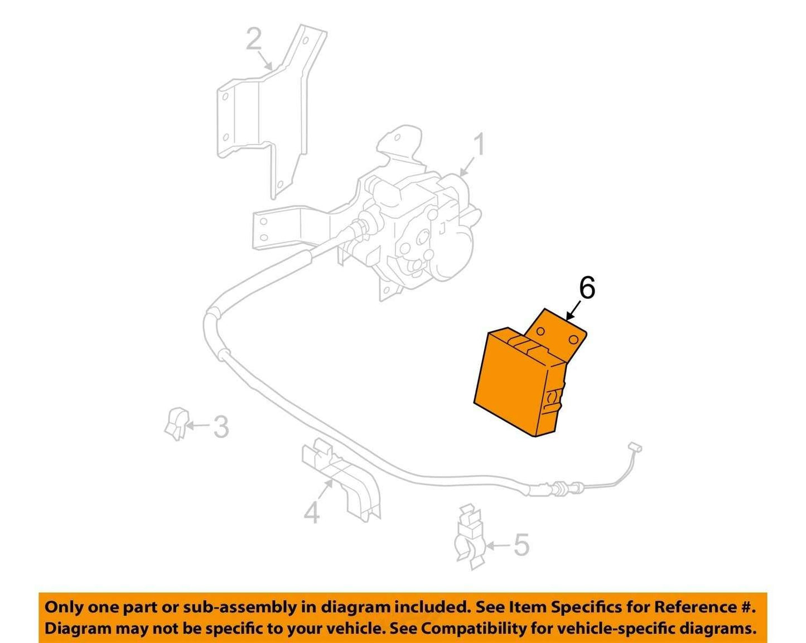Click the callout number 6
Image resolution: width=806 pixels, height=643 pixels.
click(587, 290)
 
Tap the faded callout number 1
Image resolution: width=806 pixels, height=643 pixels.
click(479, 146)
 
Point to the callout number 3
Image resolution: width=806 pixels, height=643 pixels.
click(221, 427)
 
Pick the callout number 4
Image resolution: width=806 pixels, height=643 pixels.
click(312, 513)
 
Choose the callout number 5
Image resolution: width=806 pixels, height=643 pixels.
click(522, 545)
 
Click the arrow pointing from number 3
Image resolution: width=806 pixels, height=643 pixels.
click(198, 426)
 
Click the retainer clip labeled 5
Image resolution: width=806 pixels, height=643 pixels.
click(470, 538)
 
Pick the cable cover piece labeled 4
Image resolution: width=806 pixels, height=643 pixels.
click(341, 481)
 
